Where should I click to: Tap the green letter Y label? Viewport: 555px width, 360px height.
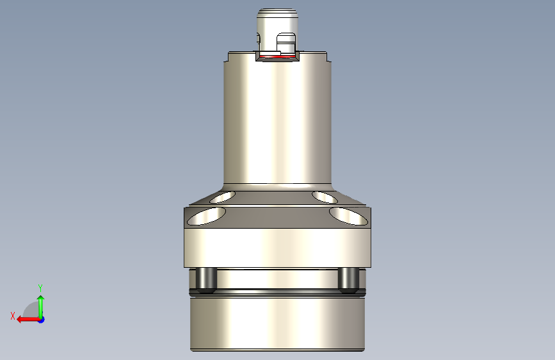pos(40,288)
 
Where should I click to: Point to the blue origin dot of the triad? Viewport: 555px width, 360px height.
pos(41,319)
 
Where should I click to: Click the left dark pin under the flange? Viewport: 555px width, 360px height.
pos(205,279)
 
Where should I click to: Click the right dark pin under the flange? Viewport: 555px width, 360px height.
pos(348,279)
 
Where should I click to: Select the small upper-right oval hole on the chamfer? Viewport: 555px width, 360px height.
pos(323,195)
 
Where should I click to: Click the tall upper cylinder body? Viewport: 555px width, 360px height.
pos(277,122)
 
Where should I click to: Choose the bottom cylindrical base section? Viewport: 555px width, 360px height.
pos(278,323)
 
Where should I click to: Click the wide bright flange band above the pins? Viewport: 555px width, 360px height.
pos(278,247)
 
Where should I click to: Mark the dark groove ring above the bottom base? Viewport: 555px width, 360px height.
pos(278,293)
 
